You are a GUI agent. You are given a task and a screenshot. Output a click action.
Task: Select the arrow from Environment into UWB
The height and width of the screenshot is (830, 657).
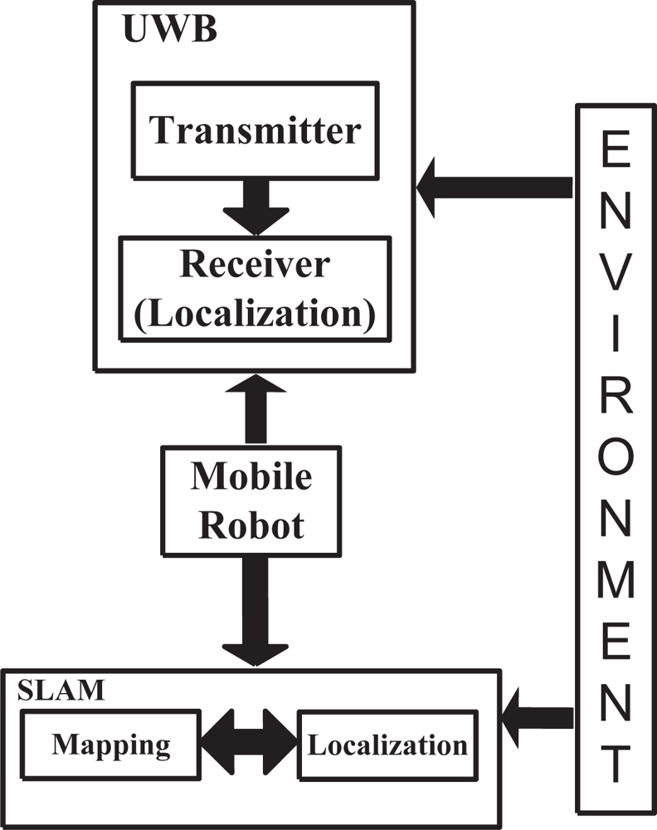[x=494, y=188]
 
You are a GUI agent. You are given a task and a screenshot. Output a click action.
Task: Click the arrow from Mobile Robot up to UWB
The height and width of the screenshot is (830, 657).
[x=255, y=409]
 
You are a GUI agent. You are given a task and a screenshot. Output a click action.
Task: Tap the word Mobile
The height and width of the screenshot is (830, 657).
[x=252, y=476]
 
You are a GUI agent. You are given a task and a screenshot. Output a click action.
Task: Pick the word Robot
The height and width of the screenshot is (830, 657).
[x=252, y=525]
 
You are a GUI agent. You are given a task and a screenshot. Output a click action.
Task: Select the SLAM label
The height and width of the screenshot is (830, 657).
[x=58, y=690]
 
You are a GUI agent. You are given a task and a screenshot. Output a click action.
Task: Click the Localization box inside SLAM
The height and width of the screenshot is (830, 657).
[x=387, y=745]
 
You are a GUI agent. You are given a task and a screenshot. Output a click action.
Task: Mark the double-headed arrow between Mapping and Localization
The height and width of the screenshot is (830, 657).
[x=250, y=740]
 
